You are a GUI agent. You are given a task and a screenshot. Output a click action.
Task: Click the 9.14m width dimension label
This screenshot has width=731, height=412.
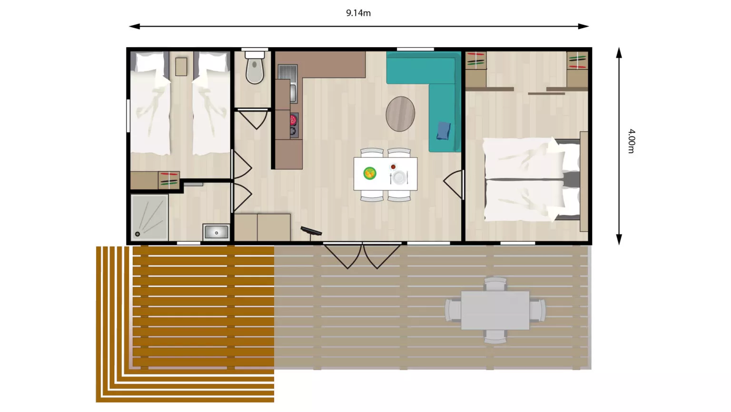pyautogui.click(x=358, y=13)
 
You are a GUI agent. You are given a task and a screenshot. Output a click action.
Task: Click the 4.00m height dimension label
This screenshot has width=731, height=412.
pyautogui.click(x=632, y=141)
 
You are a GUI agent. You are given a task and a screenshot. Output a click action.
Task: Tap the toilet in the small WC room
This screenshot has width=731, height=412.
pyautogui.click(x=255, y=68)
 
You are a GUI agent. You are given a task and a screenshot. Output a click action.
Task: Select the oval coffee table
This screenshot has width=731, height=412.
pyautogui.click(x=400, y=114)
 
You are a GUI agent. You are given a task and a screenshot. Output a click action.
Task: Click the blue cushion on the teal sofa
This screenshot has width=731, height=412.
pyautogui.click(x=444, y=131)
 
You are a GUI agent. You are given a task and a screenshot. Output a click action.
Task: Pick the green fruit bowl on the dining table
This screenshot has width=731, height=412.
pyautogui.click(x=370, y=173)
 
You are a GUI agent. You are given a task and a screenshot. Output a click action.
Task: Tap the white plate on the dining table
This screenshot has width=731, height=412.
pyautogui.click(x=398, y=177)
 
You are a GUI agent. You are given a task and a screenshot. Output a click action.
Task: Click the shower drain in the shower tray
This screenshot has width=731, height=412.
pyautogui.click(x=138, y=234)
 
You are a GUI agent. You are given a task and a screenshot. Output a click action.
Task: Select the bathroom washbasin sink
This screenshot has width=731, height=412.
pyautogui.click(x=216, y=232)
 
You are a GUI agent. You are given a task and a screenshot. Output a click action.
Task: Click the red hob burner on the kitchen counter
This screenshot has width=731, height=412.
pyautogui.click(x=294, y=120)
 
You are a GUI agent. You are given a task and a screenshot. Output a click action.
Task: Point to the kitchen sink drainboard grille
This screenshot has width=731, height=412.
pyautogui.click(x=287, y=72)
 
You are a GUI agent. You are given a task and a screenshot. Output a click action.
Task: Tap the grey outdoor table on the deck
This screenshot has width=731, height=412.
pyautogui.click(x=495, y=310)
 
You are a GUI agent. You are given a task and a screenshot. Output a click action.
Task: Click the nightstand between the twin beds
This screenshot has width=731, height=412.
pyautogui.click(x=181, y=67)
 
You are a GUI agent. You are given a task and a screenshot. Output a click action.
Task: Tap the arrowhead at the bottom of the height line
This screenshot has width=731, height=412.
pyautogui.click(x=619, y=240)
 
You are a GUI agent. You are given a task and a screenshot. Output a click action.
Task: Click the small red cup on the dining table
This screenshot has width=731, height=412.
pyautogui.click(x=393, y=167)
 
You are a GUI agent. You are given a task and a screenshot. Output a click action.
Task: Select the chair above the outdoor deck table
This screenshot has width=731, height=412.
pyautogui.click(x=495, y=284)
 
